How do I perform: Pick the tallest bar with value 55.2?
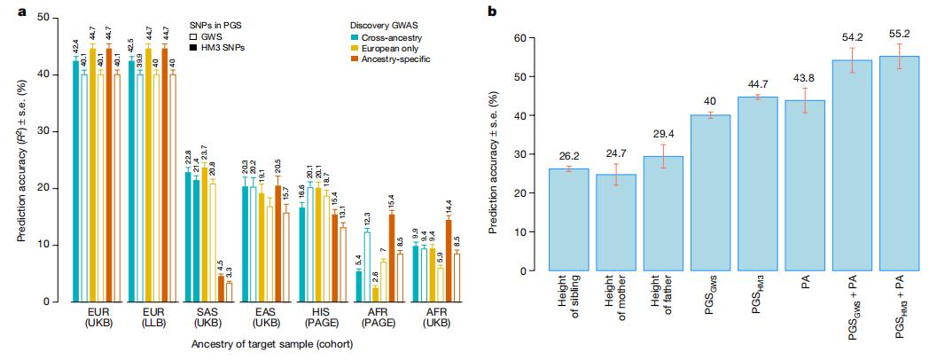pos(900,163)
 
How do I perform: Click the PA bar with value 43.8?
pos(805,185)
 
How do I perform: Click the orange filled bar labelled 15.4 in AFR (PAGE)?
pos(392,258)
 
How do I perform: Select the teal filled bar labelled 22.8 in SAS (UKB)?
pos(188,237)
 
